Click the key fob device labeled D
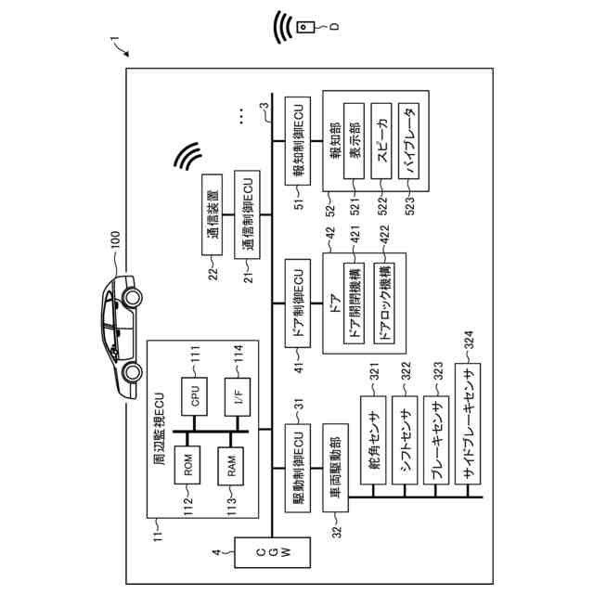tap(307, 28)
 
